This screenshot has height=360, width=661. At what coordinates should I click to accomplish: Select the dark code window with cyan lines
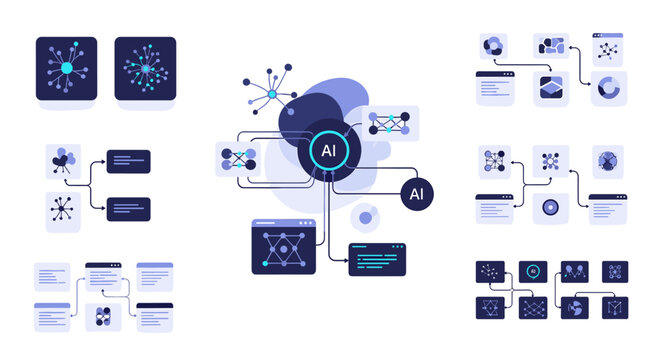(x=377, y=259)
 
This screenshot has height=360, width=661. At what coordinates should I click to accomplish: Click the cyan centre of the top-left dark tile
(x=67, y=68)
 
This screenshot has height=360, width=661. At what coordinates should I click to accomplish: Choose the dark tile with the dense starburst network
(x=145, y=68)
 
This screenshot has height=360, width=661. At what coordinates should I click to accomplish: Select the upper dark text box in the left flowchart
(x=128, y=162)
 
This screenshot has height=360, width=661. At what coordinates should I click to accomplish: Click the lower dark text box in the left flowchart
(x=128, y=209)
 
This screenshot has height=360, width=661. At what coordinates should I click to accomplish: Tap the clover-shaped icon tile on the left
(x=63, y=162)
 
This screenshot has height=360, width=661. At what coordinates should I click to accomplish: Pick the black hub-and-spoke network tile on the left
(x=63, y=212)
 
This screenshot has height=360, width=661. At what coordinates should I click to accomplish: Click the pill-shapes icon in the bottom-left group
(x=103, y=317)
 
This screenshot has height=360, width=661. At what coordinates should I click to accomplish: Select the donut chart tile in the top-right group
(x=607, y=88)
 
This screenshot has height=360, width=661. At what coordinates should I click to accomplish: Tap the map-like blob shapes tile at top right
(x=550, y=46)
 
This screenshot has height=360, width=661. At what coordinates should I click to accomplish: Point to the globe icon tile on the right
(x=607, y=160)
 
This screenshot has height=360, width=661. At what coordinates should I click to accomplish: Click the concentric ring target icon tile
(x=550, y=209)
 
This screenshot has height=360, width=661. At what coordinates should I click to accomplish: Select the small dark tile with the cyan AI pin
(x=533, y=272)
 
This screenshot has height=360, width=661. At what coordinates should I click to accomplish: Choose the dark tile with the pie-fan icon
(x=575, y=308)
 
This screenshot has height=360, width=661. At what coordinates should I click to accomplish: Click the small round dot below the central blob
(x=366, y=218)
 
